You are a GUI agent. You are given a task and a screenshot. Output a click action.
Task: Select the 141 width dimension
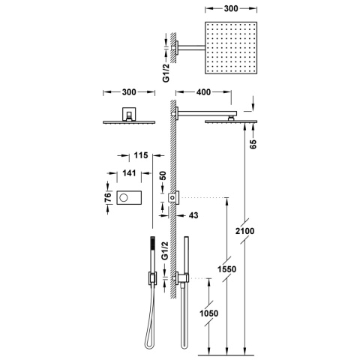[x=128, y=172]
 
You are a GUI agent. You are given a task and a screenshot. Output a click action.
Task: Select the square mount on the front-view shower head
[x=128, y=113]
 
